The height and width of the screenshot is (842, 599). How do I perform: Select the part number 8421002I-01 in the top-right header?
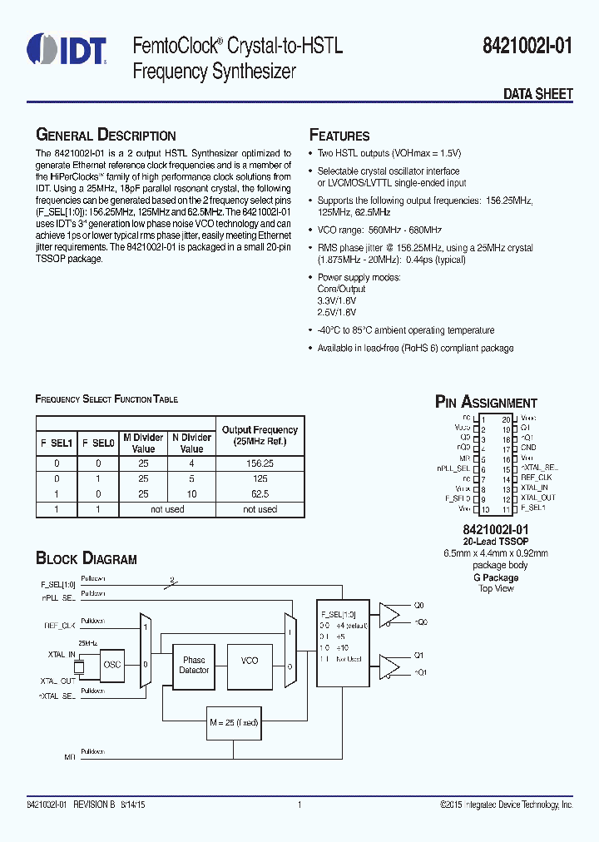coord(528,47)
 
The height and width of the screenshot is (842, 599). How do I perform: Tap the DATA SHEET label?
coord(537,94)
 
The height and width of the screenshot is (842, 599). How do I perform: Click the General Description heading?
coord(106,136)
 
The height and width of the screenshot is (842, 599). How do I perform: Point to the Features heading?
coord(339,136)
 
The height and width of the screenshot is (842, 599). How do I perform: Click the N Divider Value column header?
coord(191,443)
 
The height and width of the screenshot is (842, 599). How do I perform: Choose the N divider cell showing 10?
coord(191,493)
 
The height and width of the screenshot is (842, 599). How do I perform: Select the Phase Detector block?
coord(194,665)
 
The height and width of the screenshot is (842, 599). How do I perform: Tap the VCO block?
coord(250,660)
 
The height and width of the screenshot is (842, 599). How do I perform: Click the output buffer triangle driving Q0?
coord(389,613)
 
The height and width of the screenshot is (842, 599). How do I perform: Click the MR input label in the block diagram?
coord(70,757)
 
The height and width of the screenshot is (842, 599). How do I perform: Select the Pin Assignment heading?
coord(487,403)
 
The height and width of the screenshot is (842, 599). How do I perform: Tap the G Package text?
coord(496,577)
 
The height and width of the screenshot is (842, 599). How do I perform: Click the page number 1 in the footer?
coord(299,805)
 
